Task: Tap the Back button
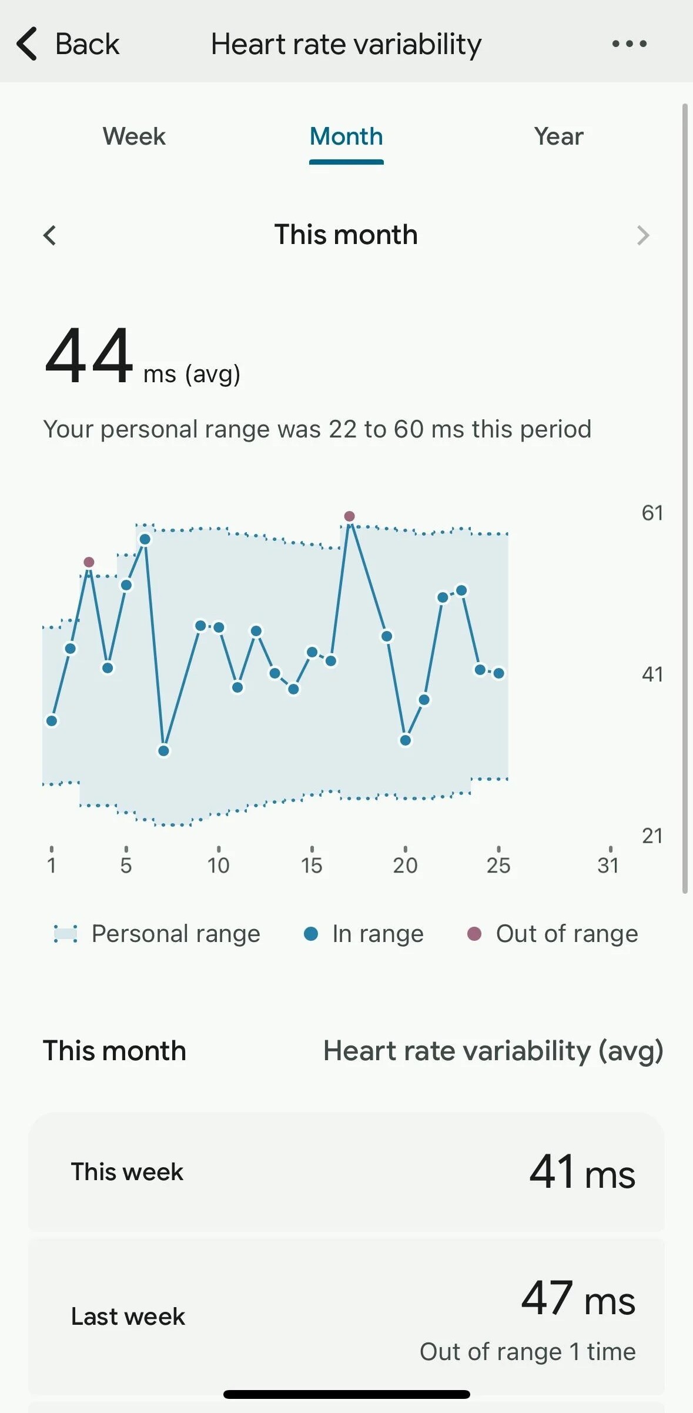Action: pos(68,44)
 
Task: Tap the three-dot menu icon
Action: pos(629,44)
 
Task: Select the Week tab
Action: pos(134,136)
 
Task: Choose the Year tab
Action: pos(558,136)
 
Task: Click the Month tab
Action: pos(346,136)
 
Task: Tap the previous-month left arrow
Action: pos(50,235)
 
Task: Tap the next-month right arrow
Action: pos(643,235)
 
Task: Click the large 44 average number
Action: pos(89,356)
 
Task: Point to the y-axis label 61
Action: pos(652,513)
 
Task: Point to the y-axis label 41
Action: pos(652,674)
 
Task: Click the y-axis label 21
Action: pos(652,836)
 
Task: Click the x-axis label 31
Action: pos(608,865)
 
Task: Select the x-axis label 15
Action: pos(312,865)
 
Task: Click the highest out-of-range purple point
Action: pos(349,516)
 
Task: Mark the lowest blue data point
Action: pos(164,751)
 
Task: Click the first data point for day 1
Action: pos(52,721)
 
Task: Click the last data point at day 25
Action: pos(498,673)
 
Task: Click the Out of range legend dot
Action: pos(474,934)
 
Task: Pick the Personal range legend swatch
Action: pos(65,934)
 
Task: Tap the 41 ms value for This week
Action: pos(582,1172)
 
